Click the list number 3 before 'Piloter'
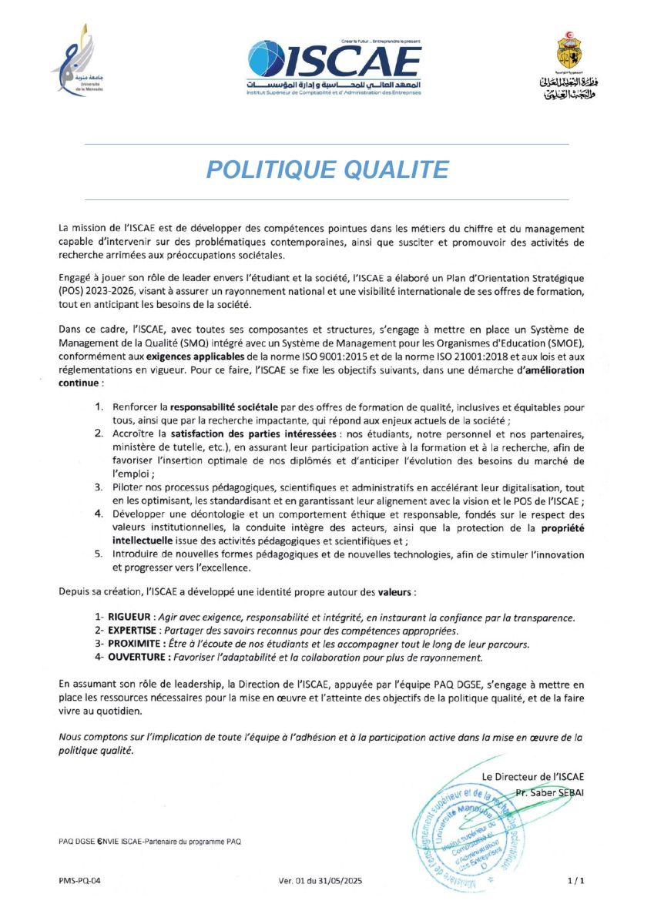click(x=99, y=487)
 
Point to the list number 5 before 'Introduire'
click(x=99, y=554)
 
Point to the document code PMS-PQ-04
click(x=79, y=879)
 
